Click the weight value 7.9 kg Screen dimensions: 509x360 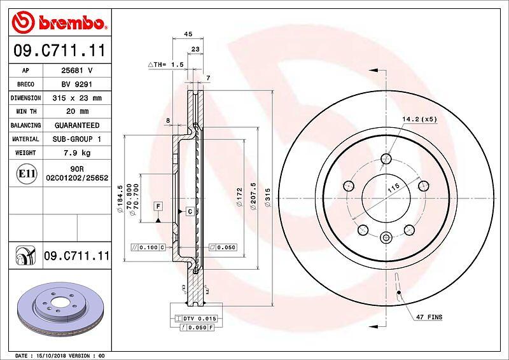(x=77, y=153)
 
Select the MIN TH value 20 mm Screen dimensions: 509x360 (x=77, y=111)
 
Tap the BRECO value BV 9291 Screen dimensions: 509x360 (x=77, y=84)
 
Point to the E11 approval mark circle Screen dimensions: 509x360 (x=26, y=174)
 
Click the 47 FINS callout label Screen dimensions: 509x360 (x=429, y=317)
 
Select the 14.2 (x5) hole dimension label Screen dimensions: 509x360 (x=420, y=120)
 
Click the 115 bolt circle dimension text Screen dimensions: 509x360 (x=393, y=188)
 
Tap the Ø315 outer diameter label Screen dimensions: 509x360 (x=267, y=198)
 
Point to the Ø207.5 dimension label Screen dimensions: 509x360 (x=253, y=196)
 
